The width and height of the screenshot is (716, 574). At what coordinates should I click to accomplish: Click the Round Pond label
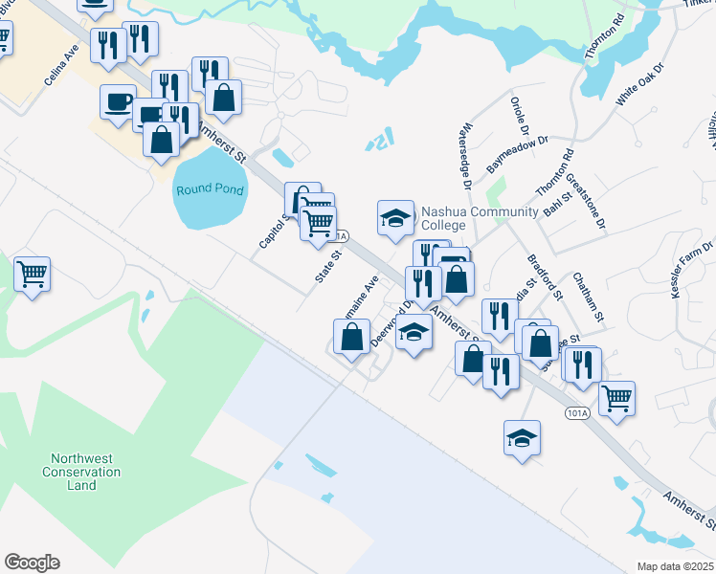tap(210, 189)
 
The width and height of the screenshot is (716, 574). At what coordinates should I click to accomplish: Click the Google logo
tap(32, 563)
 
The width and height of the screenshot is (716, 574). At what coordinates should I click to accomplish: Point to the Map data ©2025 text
tap(676, 566)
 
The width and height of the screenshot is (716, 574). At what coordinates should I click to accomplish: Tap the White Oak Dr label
tap(639, 85)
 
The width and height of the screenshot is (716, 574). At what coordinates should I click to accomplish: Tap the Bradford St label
tap(545, 277)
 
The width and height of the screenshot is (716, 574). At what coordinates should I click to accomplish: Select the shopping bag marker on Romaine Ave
tap(351, 338)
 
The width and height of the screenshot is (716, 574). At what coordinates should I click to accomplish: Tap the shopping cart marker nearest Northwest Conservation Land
tap(33, 275)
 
